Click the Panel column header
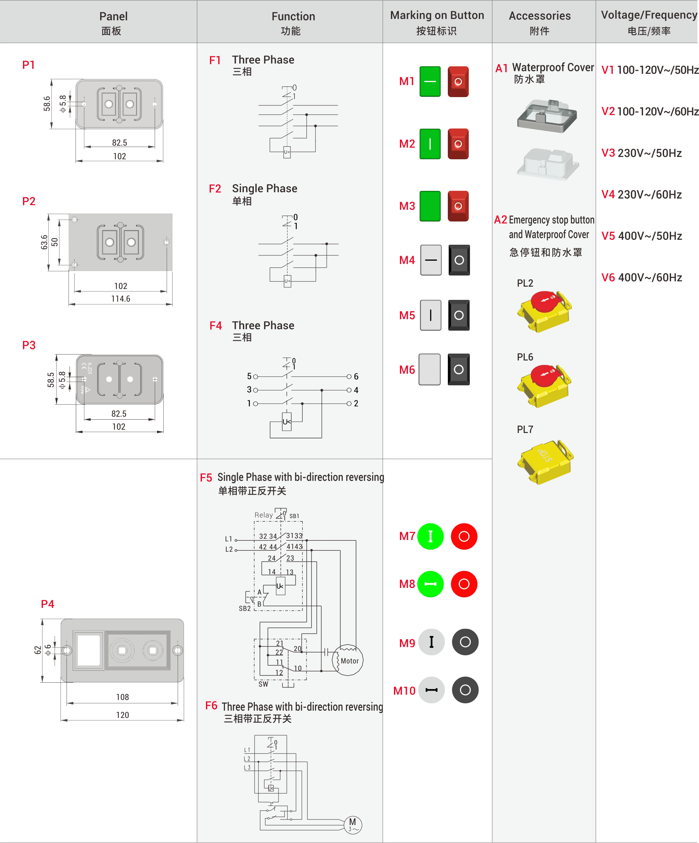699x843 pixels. click(x=113, y=22)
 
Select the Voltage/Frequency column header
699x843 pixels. click(x=648, y=22)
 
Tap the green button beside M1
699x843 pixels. click(x=430, y=81)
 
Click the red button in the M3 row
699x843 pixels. click(x=458, y=206)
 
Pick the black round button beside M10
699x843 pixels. click(x=465, y=690)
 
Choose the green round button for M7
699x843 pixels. click(x=430, y=536)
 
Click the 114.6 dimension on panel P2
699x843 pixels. click(x=120, y=299)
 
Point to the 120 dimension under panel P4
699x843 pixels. click(x=122, y=715)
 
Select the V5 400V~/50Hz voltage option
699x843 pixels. click(x=641, y=236)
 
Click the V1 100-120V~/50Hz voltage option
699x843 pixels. click(x=649, y=70)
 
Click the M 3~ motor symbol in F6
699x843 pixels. click(x=353, y=824)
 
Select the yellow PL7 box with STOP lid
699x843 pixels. click(x=545, y=462)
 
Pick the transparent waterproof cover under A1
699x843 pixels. click(x=547, y=116)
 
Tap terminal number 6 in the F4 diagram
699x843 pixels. click(x=356, y=376)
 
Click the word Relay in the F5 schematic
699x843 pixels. click(x=263, y=515)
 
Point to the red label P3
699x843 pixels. click(x=29, y=345)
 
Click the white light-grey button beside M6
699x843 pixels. click(x=430, y=369)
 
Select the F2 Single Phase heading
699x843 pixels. click(x=253, y=189)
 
